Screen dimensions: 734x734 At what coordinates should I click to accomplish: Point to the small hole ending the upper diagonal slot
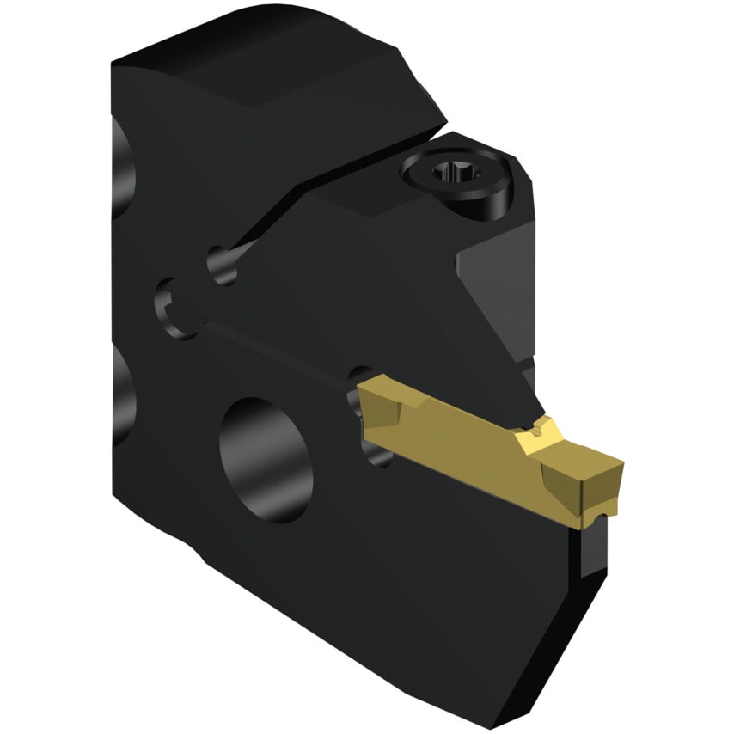pos(221,263)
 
